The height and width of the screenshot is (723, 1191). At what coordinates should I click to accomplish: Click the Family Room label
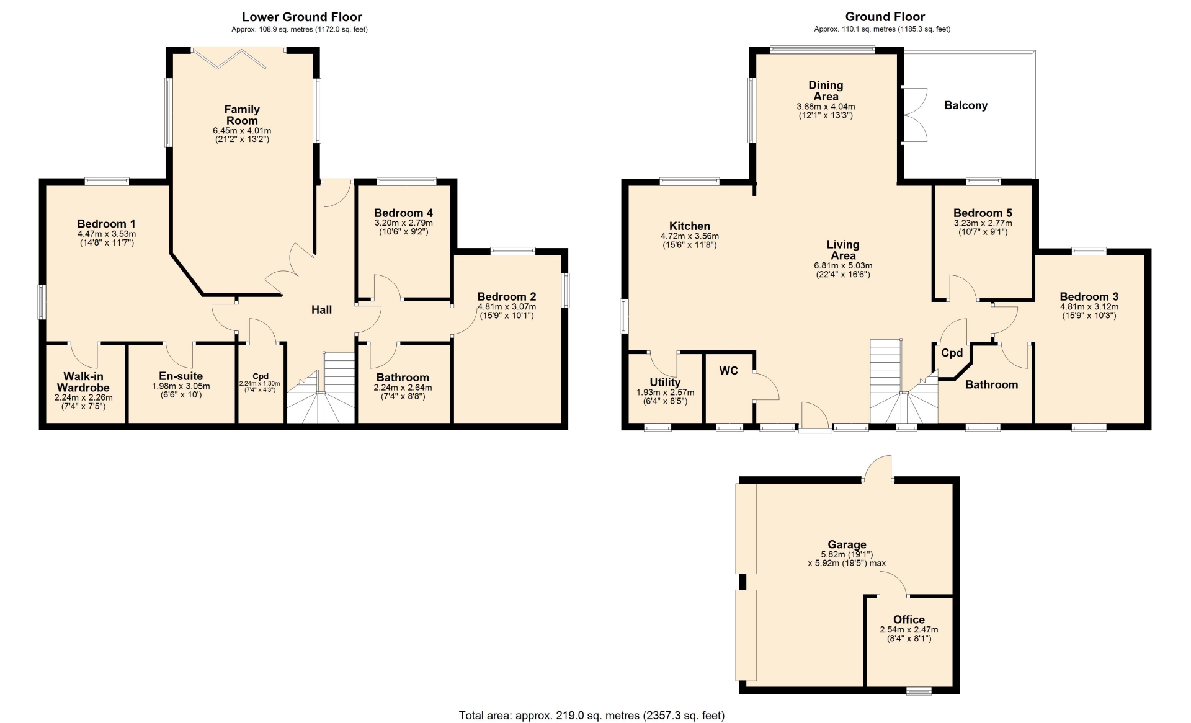242,115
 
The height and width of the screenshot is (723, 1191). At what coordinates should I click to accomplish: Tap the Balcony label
966,105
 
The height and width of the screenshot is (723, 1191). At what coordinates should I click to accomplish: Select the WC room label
729,371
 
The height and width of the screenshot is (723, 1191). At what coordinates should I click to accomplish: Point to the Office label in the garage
909,619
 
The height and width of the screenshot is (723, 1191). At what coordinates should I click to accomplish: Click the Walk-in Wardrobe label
83,382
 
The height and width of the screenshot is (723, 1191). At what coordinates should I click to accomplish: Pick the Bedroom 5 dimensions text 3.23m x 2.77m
983,223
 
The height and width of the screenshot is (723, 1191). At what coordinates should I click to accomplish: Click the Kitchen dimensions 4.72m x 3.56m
690,236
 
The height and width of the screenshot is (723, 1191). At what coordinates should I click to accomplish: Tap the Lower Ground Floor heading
302,17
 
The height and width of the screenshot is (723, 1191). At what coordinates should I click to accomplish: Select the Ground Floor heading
885,17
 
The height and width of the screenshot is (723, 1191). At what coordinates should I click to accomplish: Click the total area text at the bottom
592,716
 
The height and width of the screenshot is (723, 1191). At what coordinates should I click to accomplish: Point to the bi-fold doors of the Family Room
230,59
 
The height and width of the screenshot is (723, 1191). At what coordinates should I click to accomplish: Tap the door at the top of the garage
878,468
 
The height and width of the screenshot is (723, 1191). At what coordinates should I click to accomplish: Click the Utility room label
665,383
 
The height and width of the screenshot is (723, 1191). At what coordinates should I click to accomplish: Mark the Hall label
321,310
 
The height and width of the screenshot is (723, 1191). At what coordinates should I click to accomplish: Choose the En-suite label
181,376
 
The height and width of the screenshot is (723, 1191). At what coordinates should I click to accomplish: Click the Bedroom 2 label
507,296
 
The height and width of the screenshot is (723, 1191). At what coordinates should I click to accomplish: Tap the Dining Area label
826,91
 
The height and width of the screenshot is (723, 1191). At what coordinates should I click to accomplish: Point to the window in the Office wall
919,690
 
